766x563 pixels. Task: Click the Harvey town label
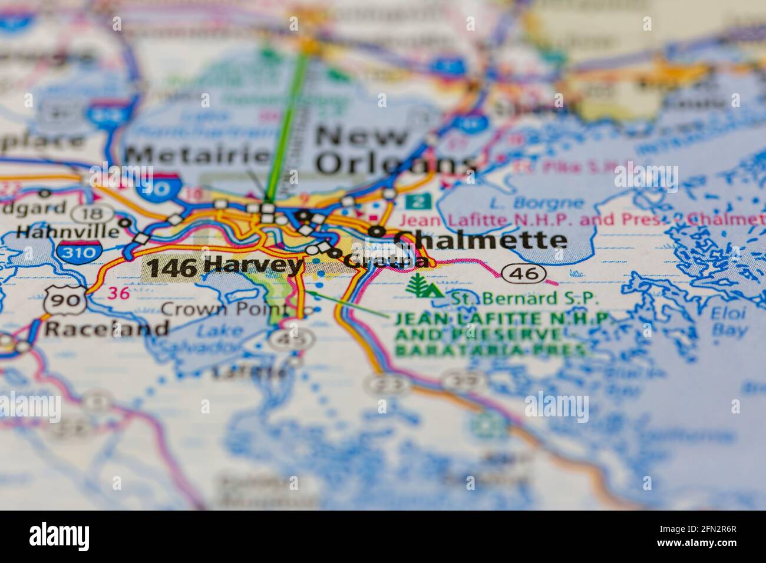pos(253,266)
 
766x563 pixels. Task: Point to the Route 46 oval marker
pos(524,273)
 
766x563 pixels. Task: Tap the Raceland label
pos(107,328)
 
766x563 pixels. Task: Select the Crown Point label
pos(224,309)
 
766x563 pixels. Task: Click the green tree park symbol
pos(424,287)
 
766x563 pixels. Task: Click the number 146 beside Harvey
pos(171,268)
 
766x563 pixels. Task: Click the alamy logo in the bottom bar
pos(60,536)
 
